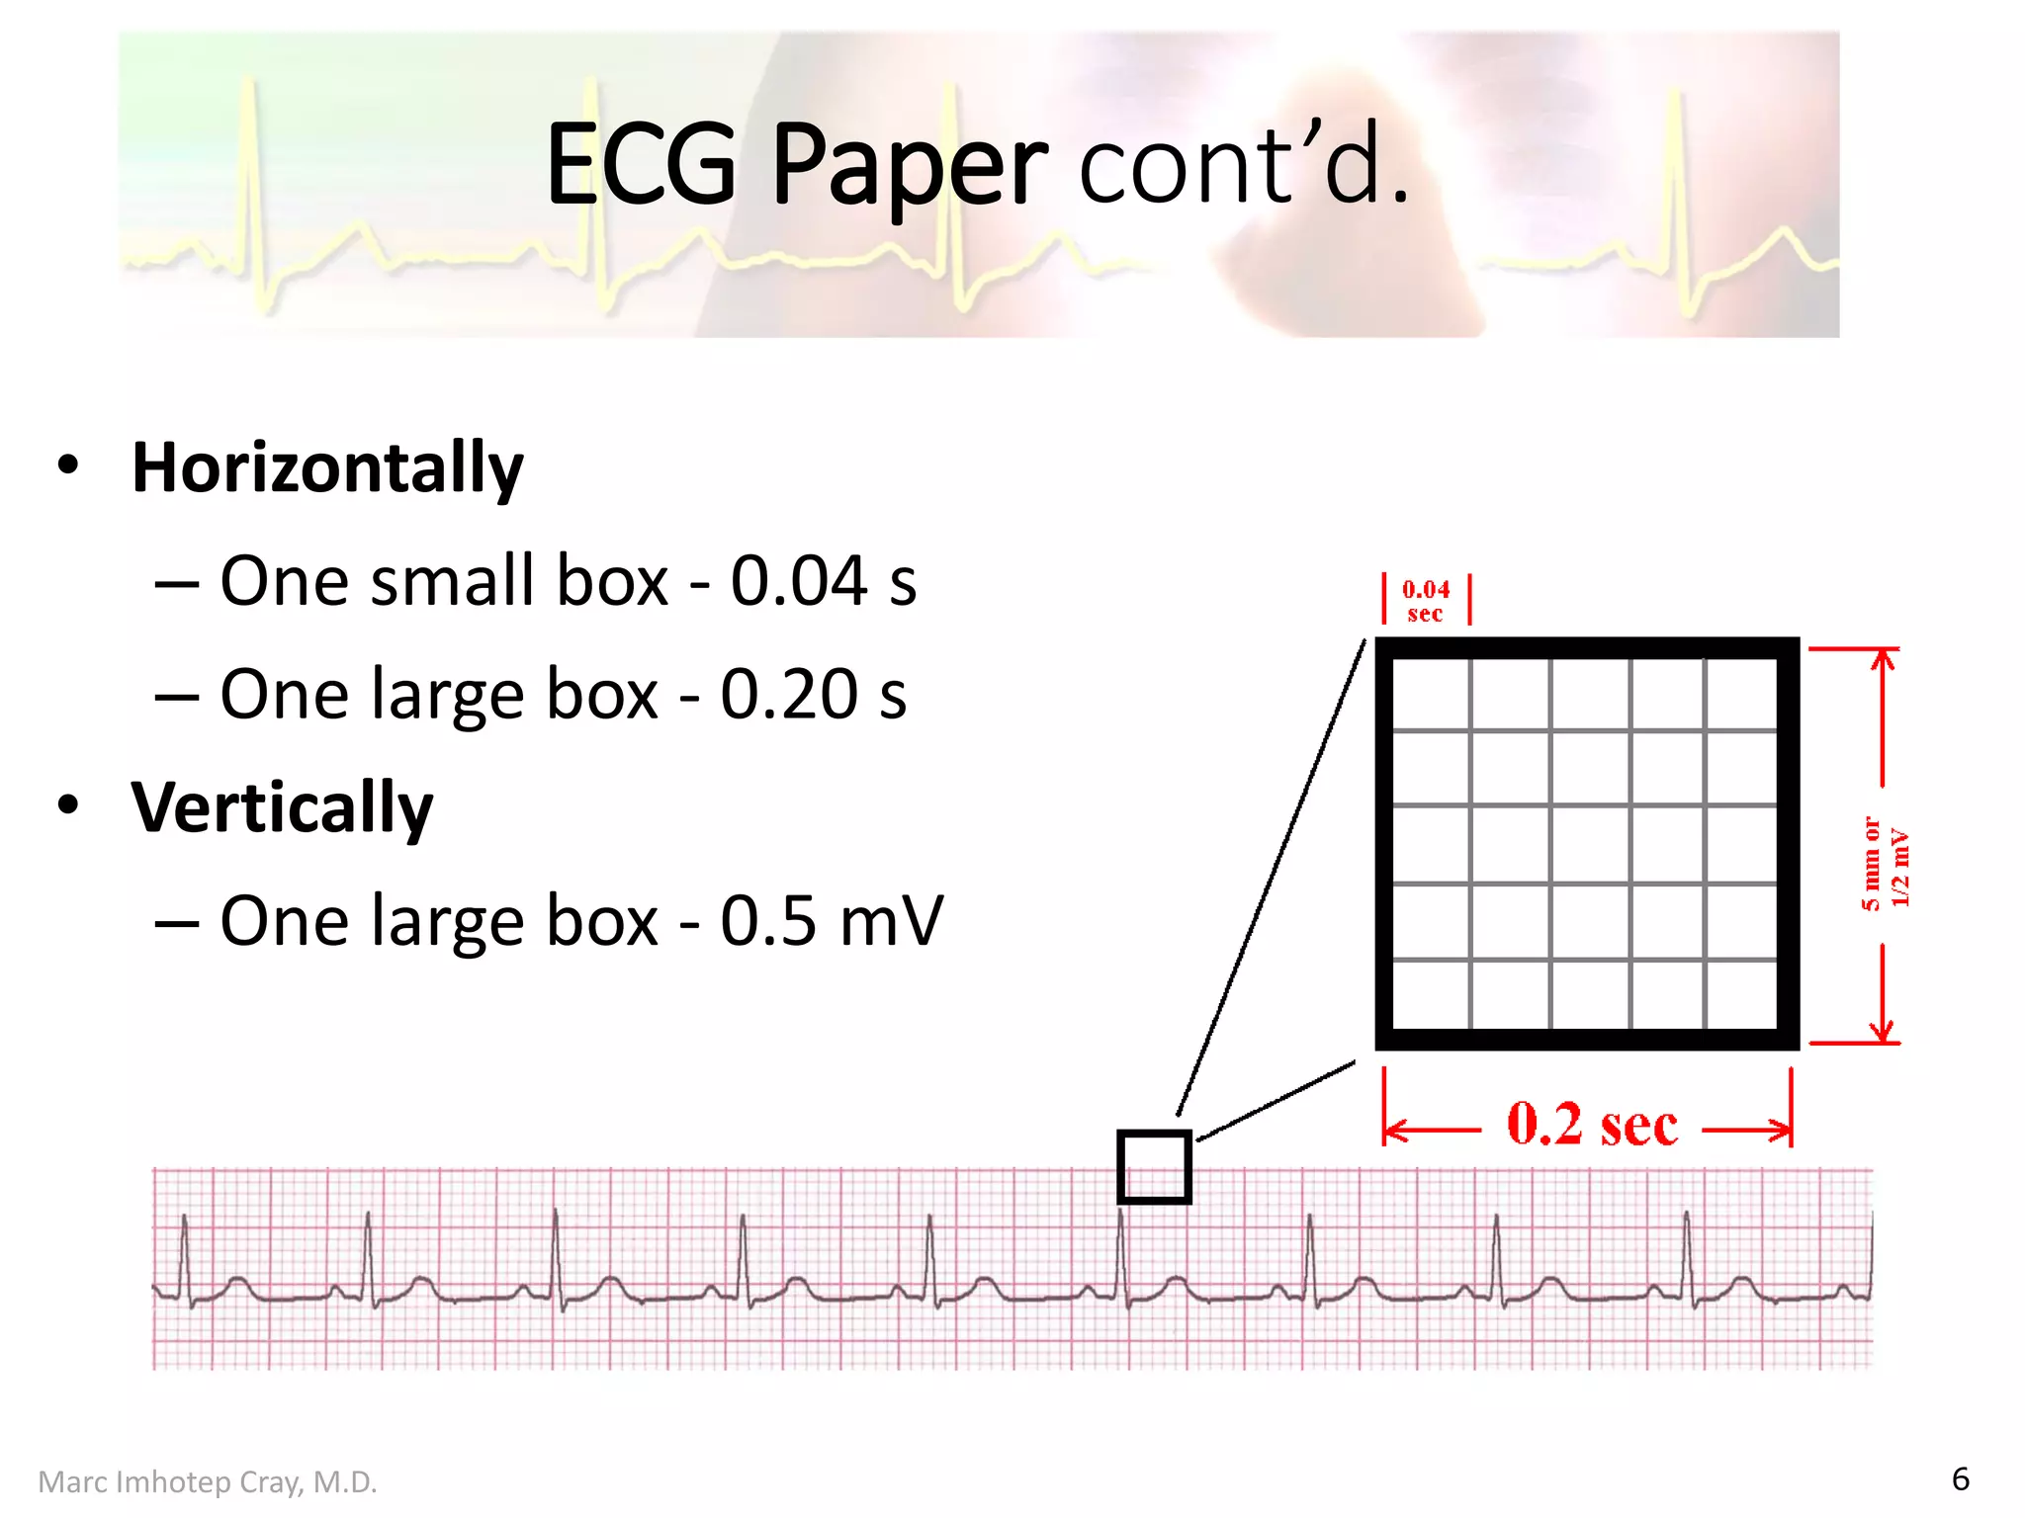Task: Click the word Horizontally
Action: (327, 468)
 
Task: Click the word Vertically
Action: (283, 808)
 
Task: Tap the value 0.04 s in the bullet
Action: (823, 581)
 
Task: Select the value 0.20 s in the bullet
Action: (813, 695)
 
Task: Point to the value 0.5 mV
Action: (831, 921)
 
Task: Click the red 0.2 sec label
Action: (1592, 1126)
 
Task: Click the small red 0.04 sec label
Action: (1425, 601)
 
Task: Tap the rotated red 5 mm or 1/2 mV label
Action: (1886, 863)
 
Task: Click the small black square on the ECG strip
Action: (1154, 1167)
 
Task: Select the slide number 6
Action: (1960, 1479)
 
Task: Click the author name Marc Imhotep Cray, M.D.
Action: (208, 1482)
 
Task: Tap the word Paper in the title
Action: (909, 166)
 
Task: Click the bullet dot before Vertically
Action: (67, 804)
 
